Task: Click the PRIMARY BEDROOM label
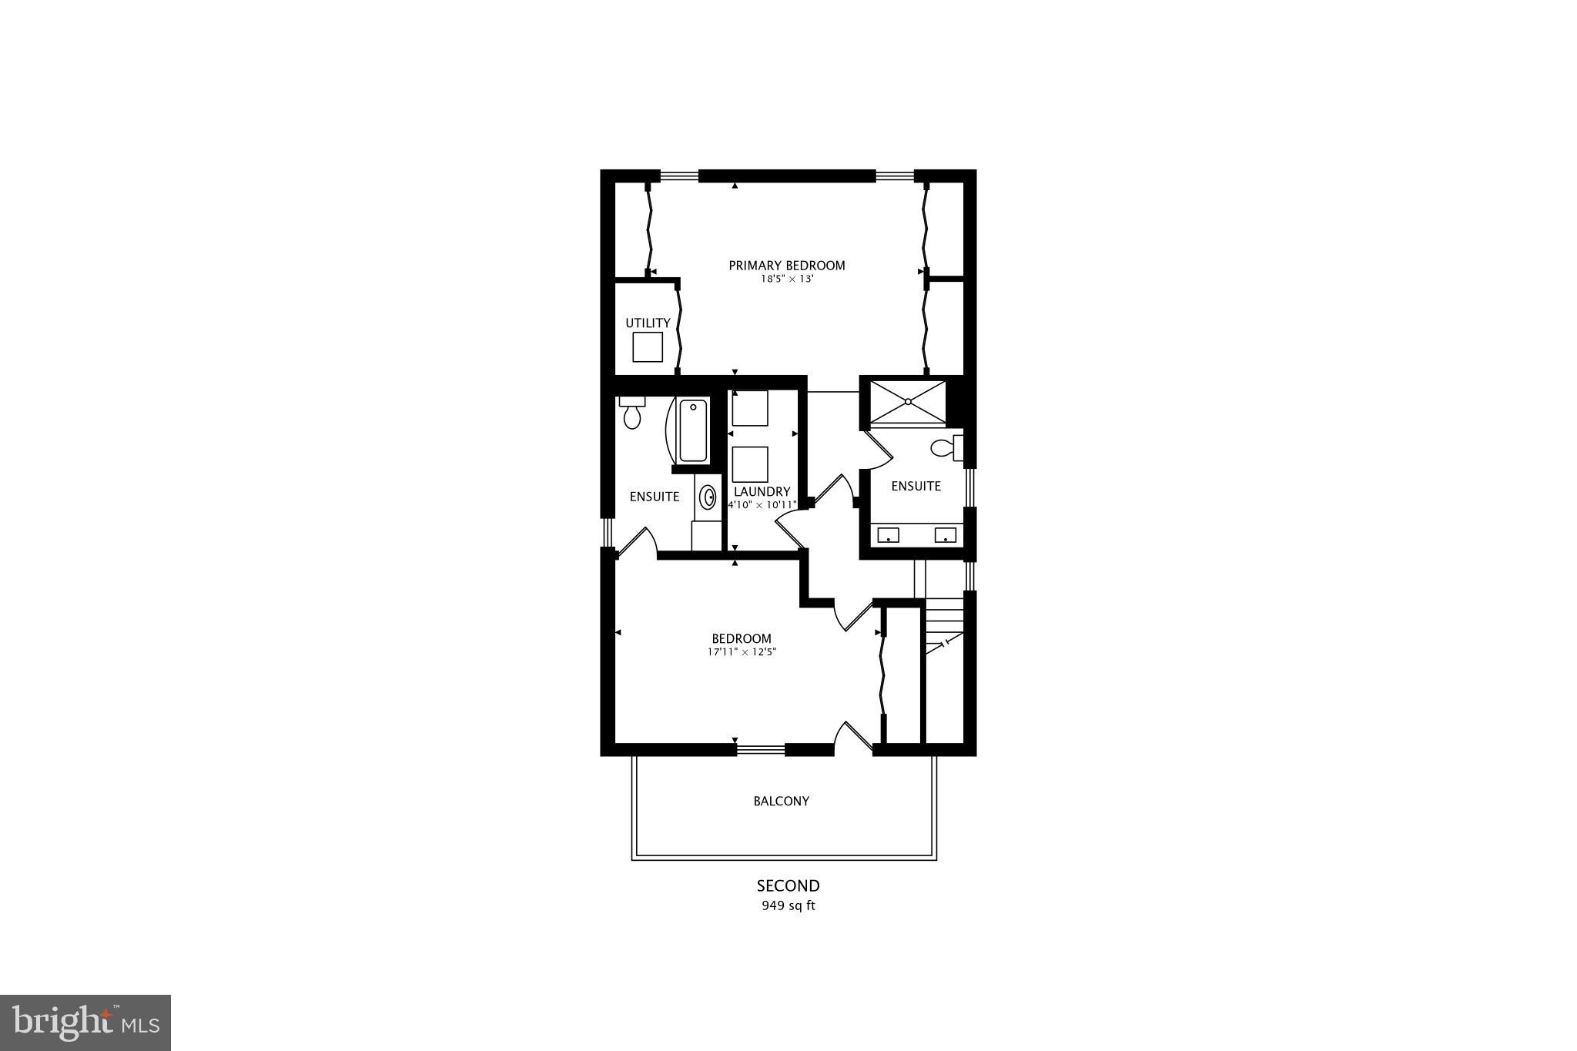[x=786, y=266]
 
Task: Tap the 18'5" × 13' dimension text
[x=787, y=279]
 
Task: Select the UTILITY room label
[x=648, y=323]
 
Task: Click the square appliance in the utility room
[x=648, y=347]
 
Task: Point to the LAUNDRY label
[x=762, y=491]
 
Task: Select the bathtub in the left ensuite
[x=693, y=430]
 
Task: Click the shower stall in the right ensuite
[x=909, y=401]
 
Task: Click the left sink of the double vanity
[x=888, y=535]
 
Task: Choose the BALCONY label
[x=781, y=801]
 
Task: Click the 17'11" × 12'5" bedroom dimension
[x=742, y=652]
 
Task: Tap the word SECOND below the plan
[x=788, y=885]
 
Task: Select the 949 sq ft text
[x=788, y=905]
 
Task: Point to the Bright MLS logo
[x=85, y=1023]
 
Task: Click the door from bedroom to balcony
[x=852, y=737]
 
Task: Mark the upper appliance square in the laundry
[x=749, y=408]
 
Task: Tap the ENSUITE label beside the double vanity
[x=916, y=486]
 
